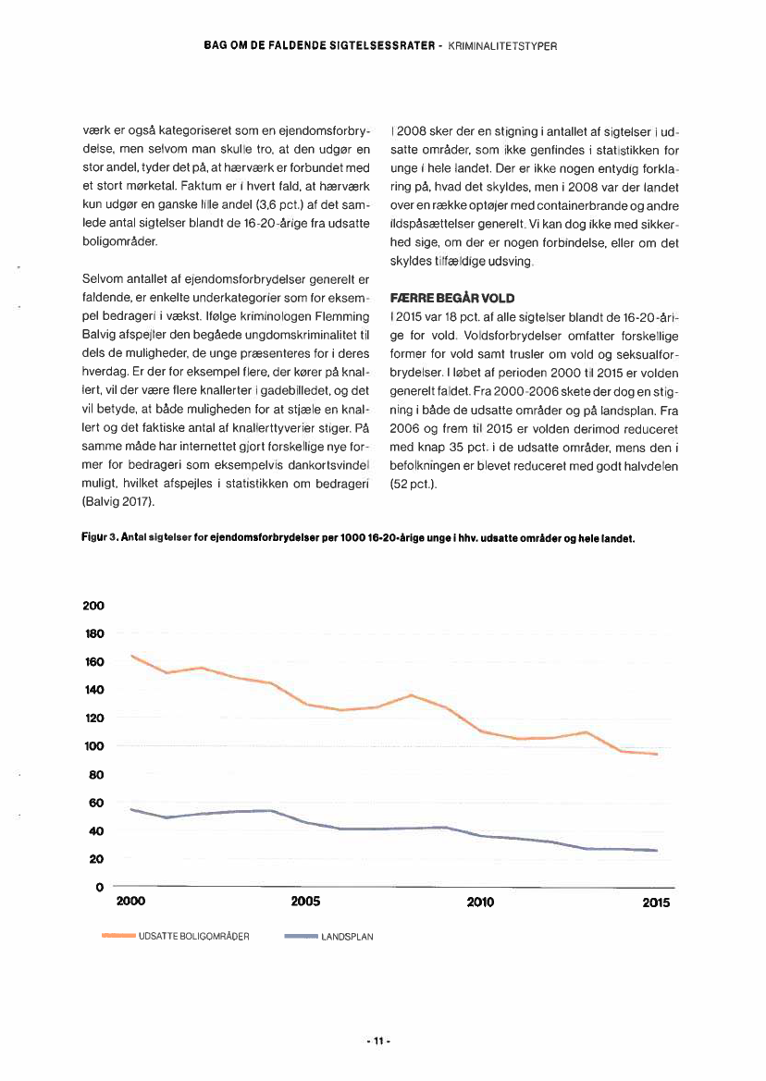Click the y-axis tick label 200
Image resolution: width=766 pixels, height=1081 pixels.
click(x=93, y=605)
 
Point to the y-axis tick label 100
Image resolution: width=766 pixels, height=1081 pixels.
click(x=93, y=746)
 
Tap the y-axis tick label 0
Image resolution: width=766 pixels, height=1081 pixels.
click(x=98, y=888)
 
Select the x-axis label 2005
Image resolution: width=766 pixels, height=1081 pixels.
click(x=305, y=903)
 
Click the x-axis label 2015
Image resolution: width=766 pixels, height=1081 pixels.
click(x=656, y=903)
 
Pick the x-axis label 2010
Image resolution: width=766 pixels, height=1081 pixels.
click(x=480, y=903)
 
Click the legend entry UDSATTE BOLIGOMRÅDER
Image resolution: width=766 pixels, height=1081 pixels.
click(x=194, y=936)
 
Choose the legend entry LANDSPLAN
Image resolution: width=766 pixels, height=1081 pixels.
click(x=347, y=936)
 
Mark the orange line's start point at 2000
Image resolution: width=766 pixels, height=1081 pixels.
click(x=132, y=656)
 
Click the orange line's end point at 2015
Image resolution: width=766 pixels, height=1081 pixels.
click(x=657, y=755)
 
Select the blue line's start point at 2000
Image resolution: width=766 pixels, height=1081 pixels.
click(x=132, y=809)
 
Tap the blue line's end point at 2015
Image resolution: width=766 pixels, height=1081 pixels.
click(x=657, y=850)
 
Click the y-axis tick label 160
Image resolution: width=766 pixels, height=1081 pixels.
click(x=93, y=661)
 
